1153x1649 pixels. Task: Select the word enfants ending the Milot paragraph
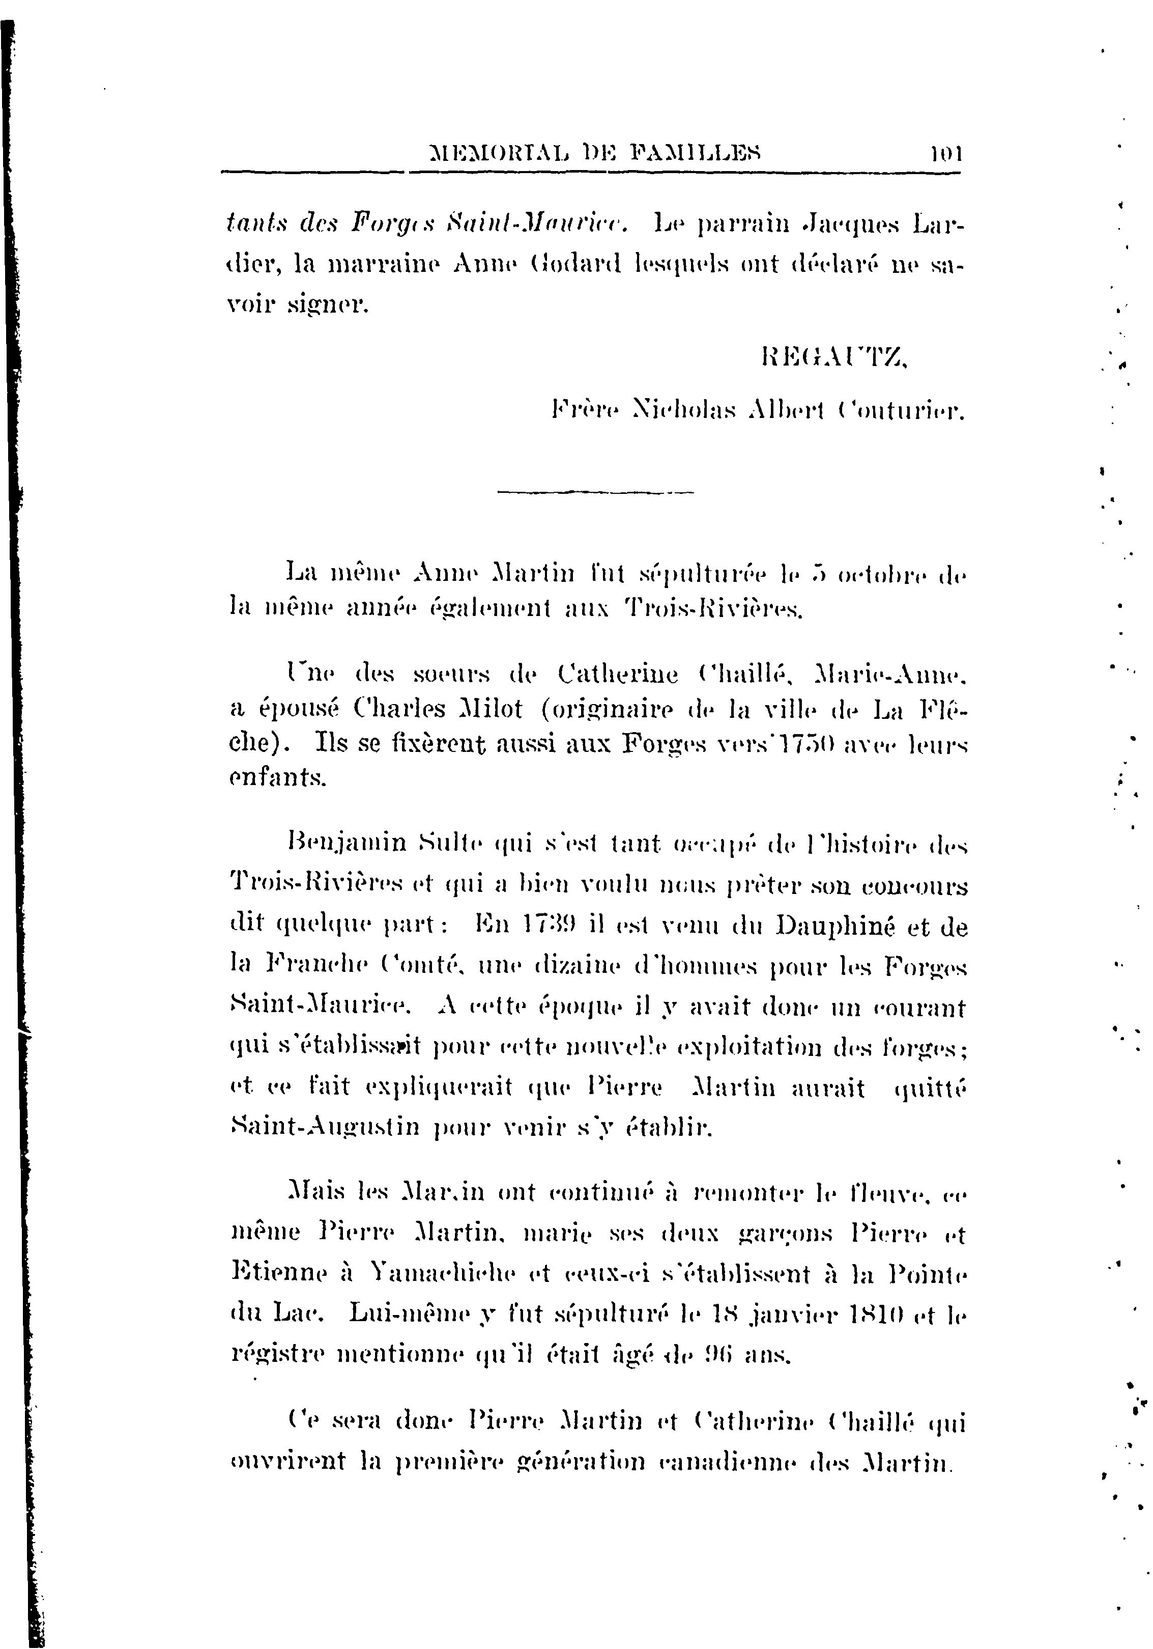pos(276,778)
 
